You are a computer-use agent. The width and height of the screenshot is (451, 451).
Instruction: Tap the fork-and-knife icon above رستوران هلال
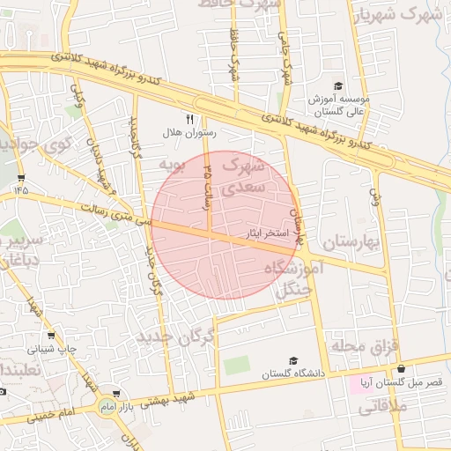pyautogui.click(x=189, y=118)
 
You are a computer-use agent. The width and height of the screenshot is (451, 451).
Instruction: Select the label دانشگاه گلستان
pyautogui.click(x=293, y=374)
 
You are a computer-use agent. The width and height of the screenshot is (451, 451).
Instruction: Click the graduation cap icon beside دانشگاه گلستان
pyautogui.click(x=293, y=360)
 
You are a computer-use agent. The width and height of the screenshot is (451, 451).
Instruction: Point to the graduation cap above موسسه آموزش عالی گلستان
pyautogui.click(x=337, y=85)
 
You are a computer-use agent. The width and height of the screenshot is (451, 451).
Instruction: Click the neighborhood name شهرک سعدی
pyautogui.click(x=241, y=175)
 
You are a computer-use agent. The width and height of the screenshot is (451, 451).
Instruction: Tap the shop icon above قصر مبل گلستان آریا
pyautogui.click(x=402, y=369)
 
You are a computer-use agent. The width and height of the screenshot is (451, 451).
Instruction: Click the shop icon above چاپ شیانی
pyautogui.click(x=51, y=335)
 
